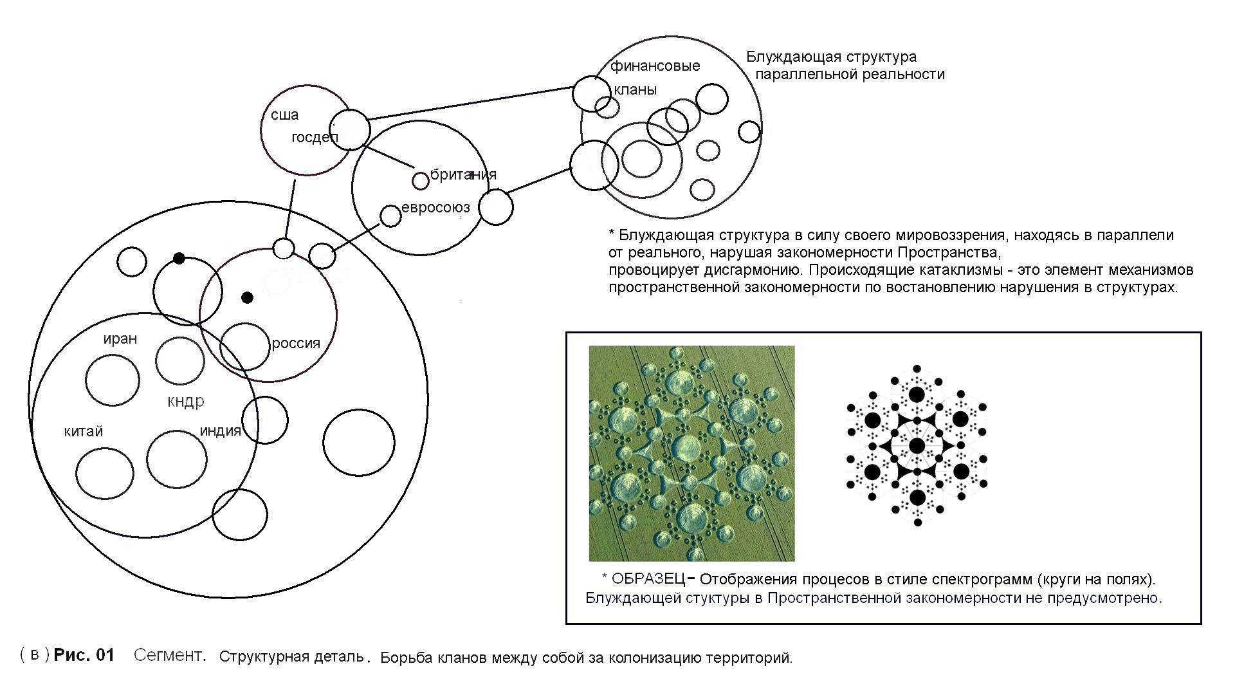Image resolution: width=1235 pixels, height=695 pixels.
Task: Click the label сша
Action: point(284,115)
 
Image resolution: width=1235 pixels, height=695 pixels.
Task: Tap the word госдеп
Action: point(314,138)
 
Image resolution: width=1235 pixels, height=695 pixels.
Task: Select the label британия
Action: point(463,174)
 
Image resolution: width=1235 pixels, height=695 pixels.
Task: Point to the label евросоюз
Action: point(435,207)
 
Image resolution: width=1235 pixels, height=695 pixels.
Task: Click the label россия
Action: point(296,343)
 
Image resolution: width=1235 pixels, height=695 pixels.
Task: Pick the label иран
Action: point(120,339)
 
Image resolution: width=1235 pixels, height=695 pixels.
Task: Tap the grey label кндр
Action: point(186,402)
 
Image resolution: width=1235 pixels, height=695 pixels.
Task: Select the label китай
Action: point(84,431)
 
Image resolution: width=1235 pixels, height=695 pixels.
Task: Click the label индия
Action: point(220,431)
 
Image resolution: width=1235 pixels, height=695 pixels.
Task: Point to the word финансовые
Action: point(655,66)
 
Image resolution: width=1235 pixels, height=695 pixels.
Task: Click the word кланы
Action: point(635,90)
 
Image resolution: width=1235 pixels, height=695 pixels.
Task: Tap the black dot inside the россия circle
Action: point(247,297)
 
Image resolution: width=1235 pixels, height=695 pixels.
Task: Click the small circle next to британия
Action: point(420,181)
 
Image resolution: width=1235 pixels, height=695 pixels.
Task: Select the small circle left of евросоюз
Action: point(390,216)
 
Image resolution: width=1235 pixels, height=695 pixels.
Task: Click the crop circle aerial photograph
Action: point(691,453)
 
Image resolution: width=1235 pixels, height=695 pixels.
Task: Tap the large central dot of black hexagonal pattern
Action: point(917,445)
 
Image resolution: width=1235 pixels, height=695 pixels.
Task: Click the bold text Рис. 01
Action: point(84,655)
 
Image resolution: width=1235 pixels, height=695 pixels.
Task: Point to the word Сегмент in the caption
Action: point(169,655)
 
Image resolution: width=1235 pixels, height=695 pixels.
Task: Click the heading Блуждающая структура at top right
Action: point(831,57)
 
